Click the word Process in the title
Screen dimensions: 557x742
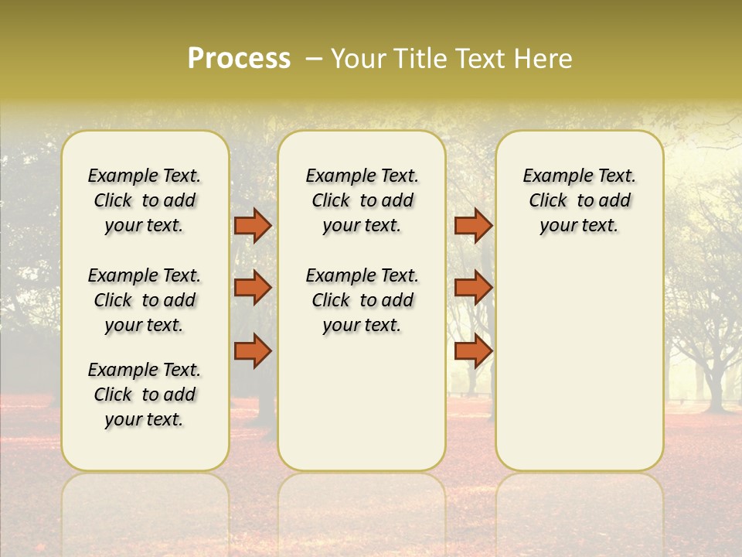[239, 59]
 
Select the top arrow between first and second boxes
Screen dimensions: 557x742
[253, 225]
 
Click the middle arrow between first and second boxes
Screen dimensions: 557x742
[253, 288]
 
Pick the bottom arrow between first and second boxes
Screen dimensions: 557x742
[253, 350]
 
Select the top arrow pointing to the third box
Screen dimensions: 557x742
[473, 225]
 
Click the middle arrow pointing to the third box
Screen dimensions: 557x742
[473, 288]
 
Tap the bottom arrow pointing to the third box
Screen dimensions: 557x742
[473, 350]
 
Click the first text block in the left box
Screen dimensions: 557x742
[145, 200]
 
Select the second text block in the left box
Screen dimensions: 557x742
[145, 300]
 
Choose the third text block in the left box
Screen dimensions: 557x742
[145, 395]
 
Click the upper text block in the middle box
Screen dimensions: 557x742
[362, 200]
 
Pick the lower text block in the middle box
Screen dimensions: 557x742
[362, 300]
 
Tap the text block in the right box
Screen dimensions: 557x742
[579, 200]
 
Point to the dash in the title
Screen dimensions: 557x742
[314, 59]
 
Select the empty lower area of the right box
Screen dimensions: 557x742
[579, 364]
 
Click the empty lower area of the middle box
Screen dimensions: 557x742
[362, 402]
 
